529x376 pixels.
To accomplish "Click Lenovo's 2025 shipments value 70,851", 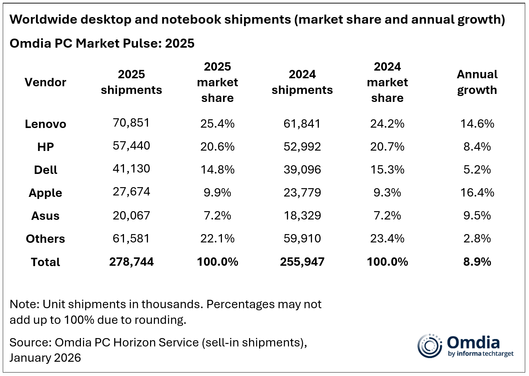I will click(x=131, y=123).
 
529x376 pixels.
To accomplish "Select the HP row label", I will click(x=46, y=147).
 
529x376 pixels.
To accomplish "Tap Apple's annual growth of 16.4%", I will click(x=477, y=192).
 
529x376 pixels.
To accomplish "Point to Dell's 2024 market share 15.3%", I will click(x=387, y=170).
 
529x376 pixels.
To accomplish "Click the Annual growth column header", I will click(x=477, y=82).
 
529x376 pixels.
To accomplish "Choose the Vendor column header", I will click(x=46, y=82).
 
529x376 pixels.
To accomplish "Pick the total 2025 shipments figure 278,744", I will click(x=131, y=262).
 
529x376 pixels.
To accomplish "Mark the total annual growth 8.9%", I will click(x=477, y=262).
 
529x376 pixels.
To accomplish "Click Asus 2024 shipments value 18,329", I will click(x=302, y=216).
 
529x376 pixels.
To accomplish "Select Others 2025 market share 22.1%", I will click(x=217, y=239).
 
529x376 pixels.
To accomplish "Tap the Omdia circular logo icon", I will click(x=430, y=346).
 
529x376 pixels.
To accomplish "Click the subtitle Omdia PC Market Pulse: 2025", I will click(x=102, y=43).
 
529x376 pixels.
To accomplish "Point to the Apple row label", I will click(x=46, y=193).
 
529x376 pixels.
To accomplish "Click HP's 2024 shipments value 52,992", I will click(x=302, y=147).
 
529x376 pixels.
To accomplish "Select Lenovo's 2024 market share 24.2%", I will click(x=387, y=124).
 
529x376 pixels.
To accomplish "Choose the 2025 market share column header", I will click(x=217, y=82).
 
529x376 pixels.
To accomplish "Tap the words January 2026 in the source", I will click(x=45, y=358).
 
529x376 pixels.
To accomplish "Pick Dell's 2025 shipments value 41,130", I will click(x=131, y=169).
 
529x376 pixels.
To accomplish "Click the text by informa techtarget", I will click(x=480, y=354).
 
